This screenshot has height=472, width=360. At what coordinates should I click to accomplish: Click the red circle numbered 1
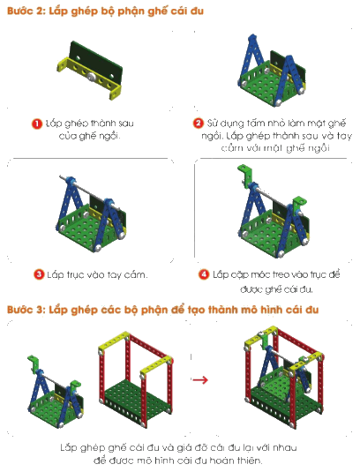(x=37, y=124)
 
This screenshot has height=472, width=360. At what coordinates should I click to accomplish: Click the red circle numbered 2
(x=198, y=124)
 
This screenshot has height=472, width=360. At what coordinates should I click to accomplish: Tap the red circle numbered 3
(x=39, y=274)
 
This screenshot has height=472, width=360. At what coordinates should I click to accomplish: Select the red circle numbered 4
(x=204, y=274)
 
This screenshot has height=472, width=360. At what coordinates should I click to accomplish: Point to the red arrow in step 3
(x=200, y=379)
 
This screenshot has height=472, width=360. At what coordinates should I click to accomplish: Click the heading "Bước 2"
(x=105, y=11)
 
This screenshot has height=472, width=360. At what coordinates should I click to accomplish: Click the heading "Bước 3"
(x=162, y=310)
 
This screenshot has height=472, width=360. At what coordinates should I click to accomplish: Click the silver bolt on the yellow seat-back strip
(x=91, y=77)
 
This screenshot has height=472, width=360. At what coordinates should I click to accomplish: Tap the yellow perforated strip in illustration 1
(x=90, y=77)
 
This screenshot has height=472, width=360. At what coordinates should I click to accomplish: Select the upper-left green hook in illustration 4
(x=244, y=176)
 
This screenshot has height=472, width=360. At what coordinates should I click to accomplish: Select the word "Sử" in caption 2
(x=213, y=123)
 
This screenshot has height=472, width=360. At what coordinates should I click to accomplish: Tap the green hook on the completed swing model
(x=264, y=340)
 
